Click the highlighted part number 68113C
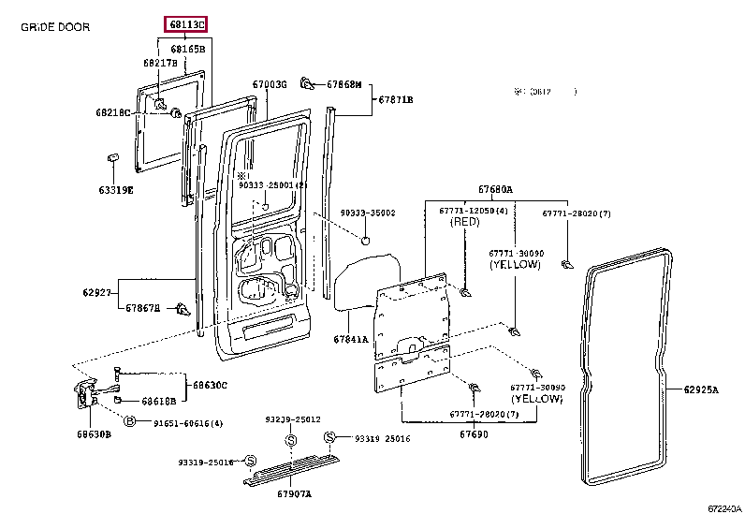coord(186,23)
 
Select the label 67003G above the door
coord(270,84)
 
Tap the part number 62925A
coord(700,389)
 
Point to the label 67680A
coord(495,190)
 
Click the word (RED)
coord(465,223)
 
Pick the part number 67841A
coord(351,339)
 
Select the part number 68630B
coord(94,434)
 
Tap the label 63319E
coord(116,190)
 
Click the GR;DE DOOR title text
coord(55,27)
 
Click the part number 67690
coord(474,434)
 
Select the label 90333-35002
coord(368,213)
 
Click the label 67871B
coord(395,99)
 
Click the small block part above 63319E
coord(112,156)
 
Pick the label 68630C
coord(211,385)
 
